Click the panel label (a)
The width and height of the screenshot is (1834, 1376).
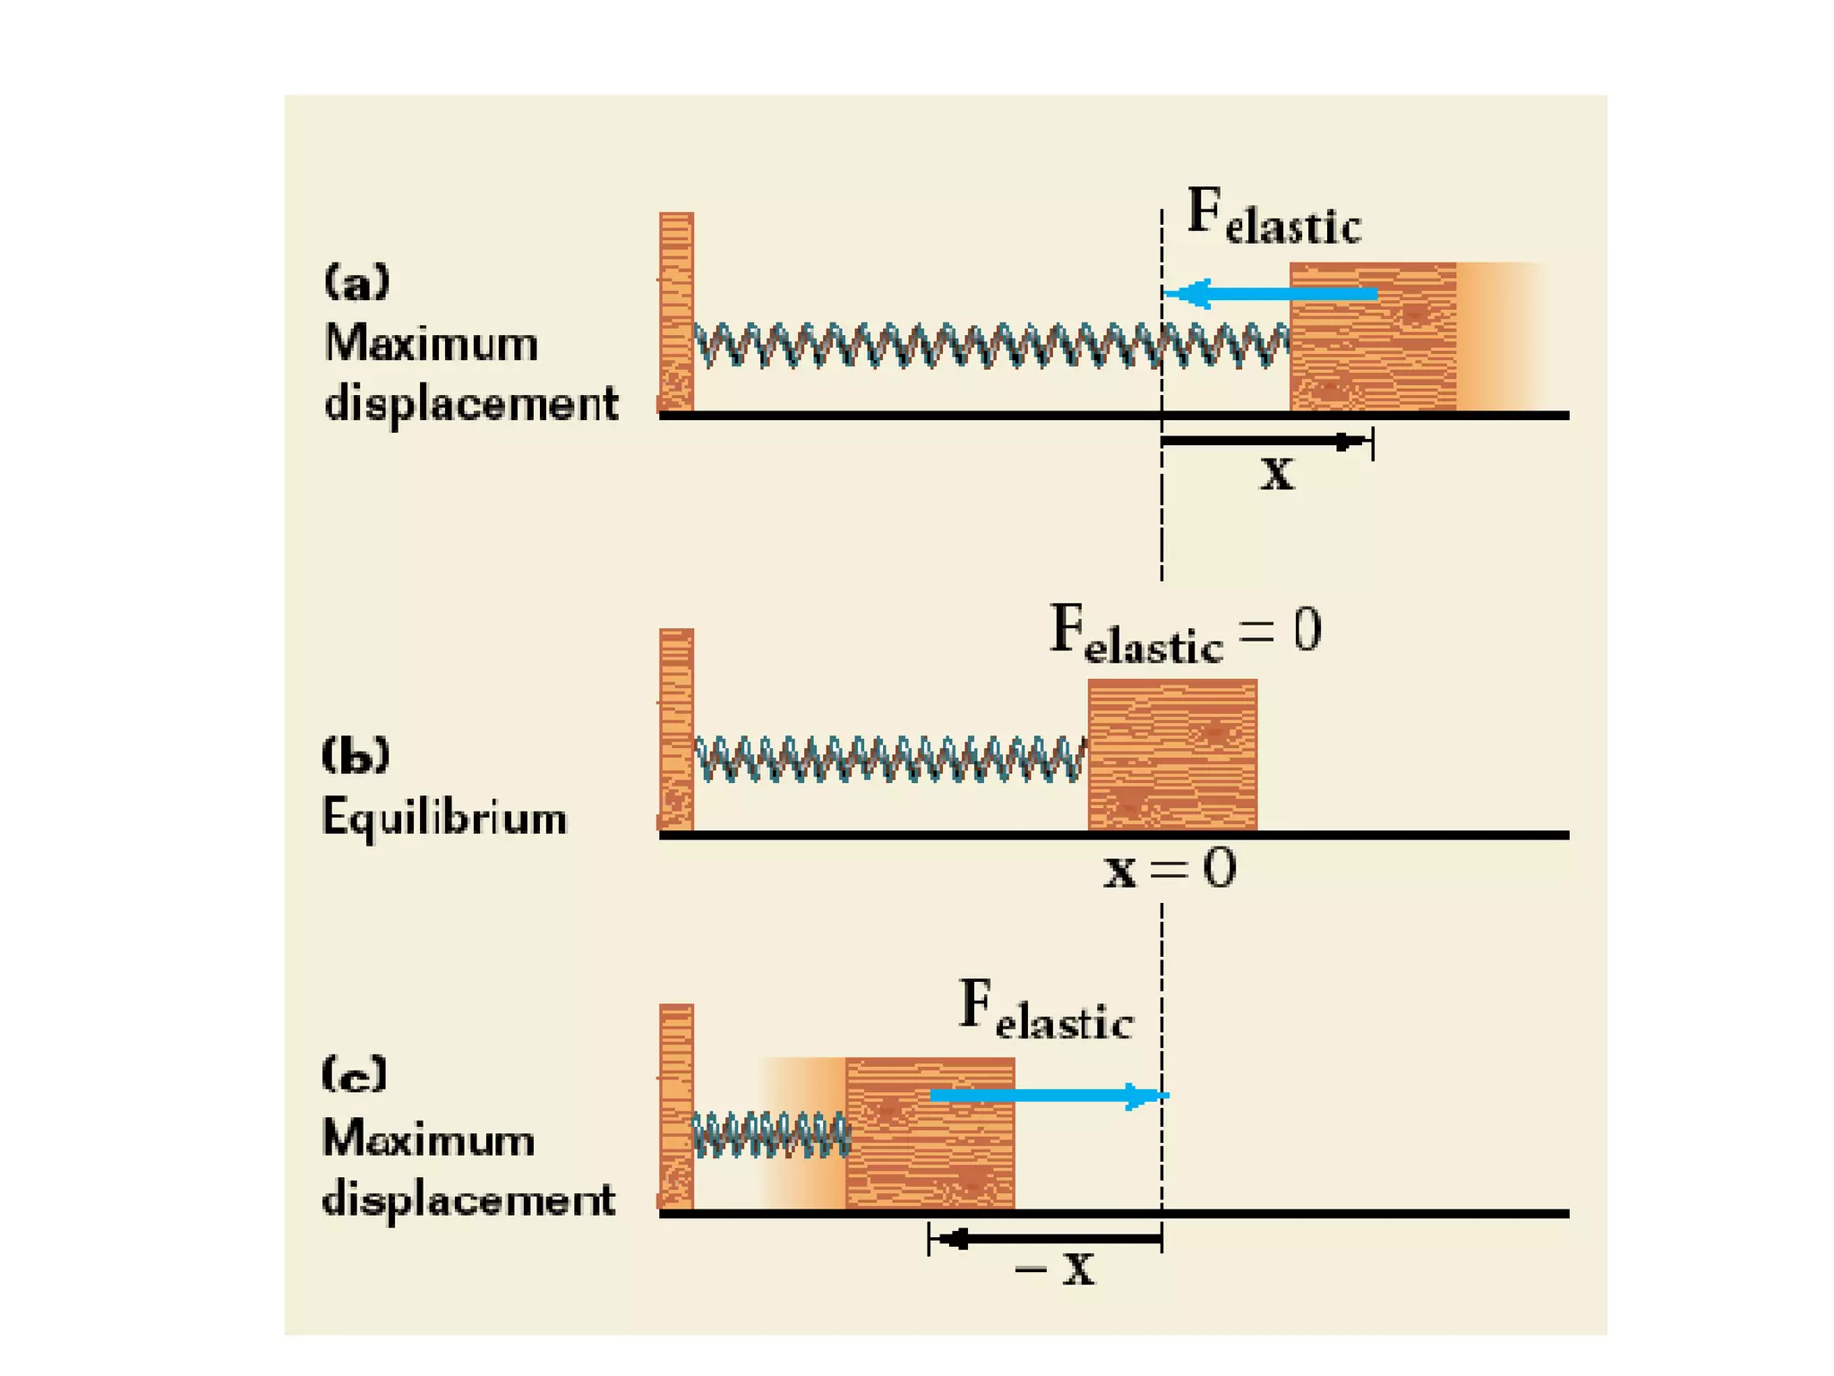[x=356, y=282]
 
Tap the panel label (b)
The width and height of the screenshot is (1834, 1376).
[x=356, y=754]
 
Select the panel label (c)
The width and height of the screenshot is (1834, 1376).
[x=355, y=1073]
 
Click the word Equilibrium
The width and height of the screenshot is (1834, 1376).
[x=444, y=817]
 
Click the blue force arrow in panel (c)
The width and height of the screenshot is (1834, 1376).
[x=1049, y=1096]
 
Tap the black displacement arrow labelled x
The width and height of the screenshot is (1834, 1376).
[x=1263, y=442]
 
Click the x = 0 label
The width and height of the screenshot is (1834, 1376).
[x=1170, y=868]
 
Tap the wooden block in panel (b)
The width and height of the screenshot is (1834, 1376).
[x=1172, y=754]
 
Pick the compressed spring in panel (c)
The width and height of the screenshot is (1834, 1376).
[x=770, y=1135]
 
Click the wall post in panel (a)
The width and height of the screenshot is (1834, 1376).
[x=676, y=311]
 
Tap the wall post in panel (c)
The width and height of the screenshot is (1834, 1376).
[x=676, y=1106]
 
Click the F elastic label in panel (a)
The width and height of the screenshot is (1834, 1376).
[x=1273, y=218]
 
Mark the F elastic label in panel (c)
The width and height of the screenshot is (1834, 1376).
[x=1045, y=1010]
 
